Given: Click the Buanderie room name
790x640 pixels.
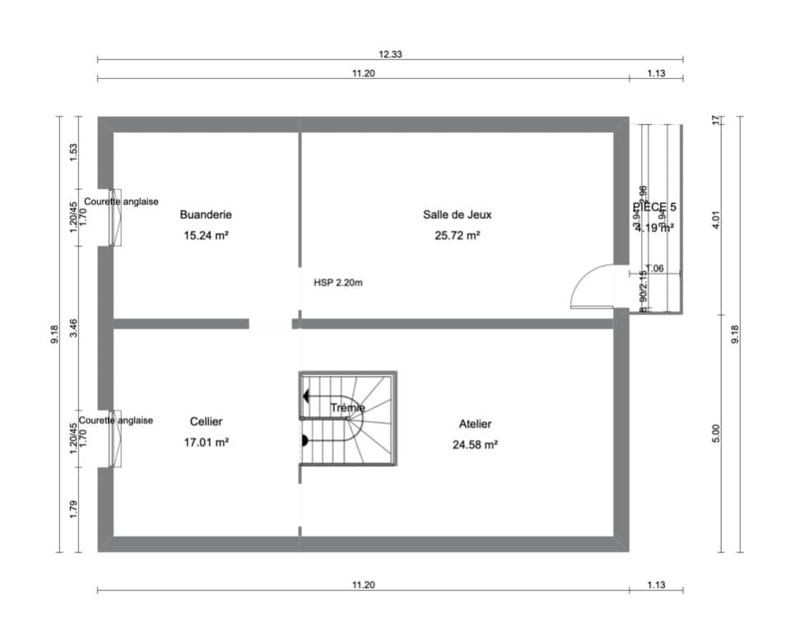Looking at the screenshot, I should (x=206, y=215).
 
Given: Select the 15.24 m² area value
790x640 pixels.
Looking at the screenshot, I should (x=206, y=235).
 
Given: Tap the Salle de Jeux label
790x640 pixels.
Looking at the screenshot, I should (x=457, y=215).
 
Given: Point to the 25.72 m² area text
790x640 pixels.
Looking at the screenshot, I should (x=457, y=235).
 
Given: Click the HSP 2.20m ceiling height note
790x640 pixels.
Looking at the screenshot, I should (x=338, y=282).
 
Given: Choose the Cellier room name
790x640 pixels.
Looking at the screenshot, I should (x=206, y=421).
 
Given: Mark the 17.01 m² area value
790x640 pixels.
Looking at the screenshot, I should (x=206, y=442).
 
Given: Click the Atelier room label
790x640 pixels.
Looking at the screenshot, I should (x=475, y=424).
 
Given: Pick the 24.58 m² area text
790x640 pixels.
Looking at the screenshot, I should (x=475, y=444).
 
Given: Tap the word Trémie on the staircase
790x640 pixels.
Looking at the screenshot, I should (x=347, y=407).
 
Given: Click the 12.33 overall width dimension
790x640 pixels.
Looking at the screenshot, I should (x=390, y=54).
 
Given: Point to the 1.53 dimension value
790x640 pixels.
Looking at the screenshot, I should (x=73, y=152).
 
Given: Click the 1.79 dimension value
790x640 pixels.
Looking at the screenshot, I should (x=73, y=510).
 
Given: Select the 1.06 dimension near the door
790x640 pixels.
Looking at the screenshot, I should (x=654, y=268).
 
